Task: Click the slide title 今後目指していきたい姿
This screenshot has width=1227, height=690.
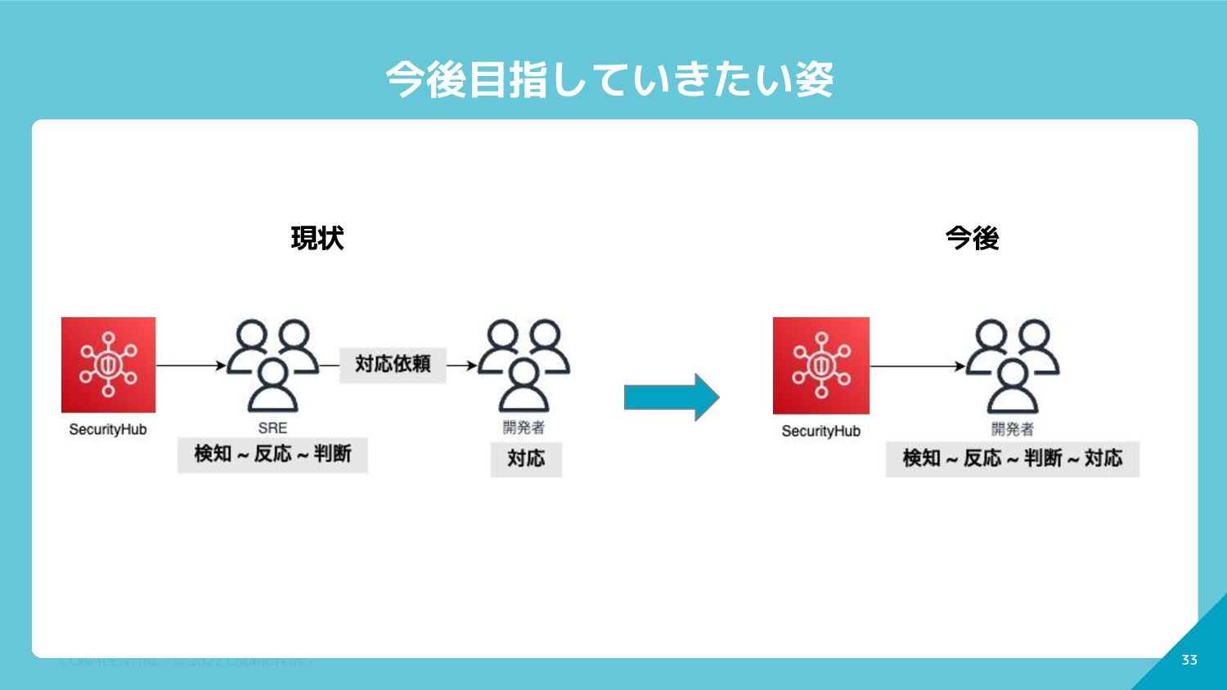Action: tap(609, 79)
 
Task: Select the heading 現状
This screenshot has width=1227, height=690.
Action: tap(317, 238)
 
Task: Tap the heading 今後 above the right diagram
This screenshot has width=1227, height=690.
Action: tap(972, 238)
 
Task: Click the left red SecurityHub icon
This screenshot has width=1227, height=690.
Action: tap(108, 365)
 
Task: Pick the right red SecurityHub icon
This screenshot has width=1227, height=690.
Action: tap(820, 365)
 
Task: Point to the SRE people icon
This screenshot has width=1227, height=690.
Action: tap(272, 365)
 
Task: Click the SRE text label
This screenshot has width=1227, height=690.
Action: tap(272, 428)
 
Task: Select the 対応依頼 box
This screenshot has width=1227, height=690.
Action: tap(393, 364)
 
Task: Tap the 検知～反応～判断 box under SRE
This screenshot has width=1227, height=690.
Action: tap(272, 455)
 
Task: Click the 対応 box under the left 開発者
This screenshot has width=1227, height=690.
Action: tap(526, 459)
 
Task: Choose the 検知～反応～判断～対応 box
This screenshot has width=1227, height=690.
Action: tap(1012, 459)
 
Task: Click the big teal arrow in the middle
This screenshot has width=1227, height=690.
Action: tap(671, 397)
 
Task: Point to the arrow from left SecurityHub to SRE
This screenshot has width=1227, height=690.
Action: tap(190, 365)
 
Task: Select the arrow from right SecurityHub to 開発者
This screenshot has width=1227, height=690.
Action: tap(917, 366)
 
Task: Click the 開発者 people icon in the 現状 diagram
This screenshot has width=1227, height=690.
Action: tap(524, 365)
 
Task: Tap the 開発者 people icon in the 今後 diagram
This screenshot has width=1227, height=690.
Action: tap(1013, 365)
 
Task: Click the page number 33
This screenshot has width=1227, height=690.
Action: tap(1189, 660)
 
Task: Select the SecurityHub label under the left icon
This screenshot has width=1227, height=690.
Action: tap(108, 429)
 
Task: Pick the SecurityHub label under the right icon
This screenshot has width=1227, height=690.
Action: tap(820, 431)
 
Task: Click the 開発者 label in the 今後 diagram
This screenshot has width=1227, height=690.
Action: tap(1013, 428)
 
